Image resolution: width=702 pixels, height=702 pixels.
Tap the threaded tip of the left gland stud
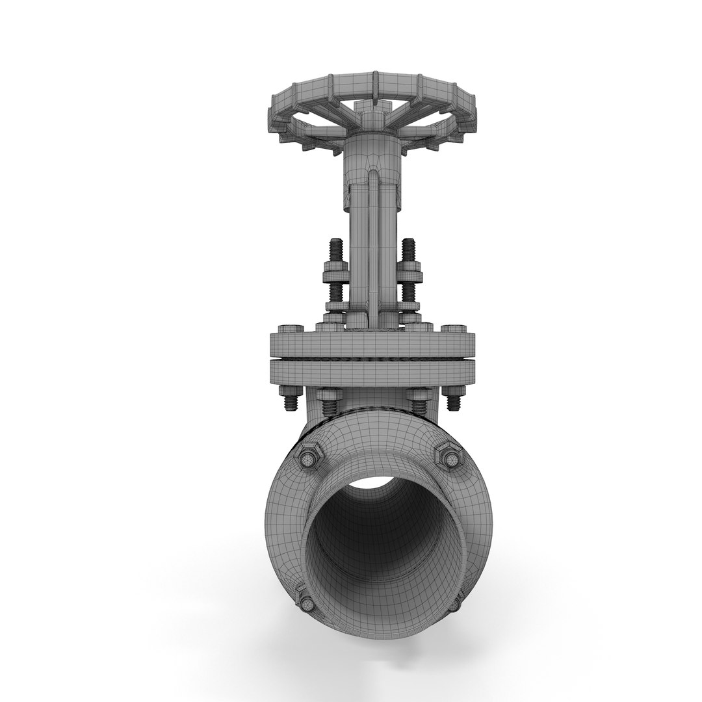[x=336, y=248]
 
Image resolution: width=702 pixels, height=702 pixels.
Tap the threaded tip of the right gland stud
[x=409, y=248]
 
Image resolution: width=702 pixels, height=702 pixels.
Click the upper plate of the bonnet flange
[x=372, y=344]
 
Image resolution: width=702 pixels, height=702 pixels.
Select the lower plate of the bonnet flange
[x=372, y=372]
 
